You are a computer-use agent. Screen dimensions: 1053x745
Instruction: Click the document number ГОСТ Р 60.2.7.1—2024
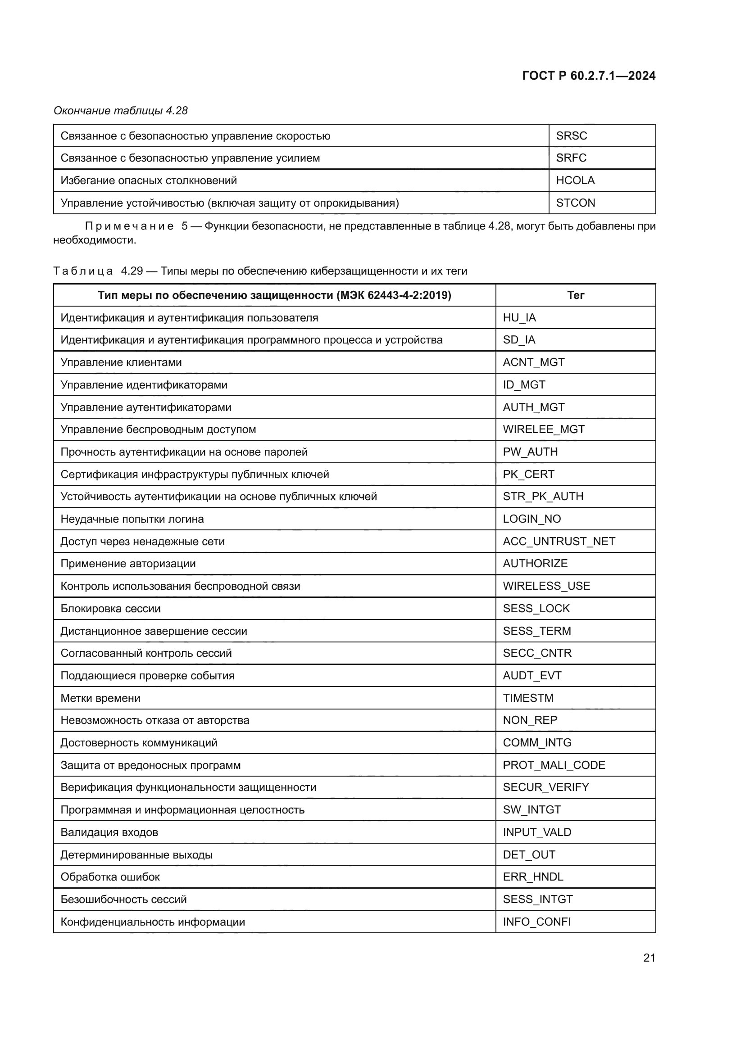coord(589,76)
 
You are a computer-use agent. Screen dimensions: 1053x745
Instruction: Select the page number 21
coord(649,958)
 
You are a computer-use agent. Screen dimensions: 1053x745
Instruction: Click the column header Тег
coord(575,295)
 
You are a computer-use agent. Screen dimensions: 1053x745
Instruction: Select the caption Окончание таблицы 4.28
coord(121,111)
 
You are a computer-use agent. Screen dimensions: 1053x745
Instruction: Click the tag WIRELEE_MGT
coord(543,429)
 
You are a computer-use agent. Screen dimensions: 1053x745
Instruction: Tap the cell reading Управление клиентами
coord(121,362)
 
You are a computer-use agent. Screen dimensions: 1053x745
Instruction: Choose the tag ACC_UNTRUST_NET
coord(559,541)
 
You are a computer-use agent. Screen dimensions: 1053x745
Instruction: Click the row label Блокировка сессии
coord(110,609)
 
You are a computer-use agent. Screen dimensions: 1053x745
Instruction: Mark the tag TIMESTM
coord(528,698)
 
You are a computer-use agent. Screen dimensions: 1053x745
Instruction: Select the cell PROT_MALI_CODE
coord(554,765)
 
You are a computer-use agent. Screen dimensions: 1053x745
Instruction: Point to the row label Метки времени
coord(100,698)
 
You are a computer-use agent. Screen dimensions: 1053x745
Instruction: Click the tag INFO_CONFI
coord(536,922)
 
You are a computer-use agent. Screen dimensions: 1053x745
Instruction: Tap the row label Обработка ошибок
coord(110,877)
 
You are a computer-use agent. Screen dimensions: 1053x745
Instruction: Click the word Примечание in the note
coord(129,226)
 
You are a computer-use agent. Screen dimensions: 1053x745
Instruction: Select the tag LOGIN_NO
coord(531,519)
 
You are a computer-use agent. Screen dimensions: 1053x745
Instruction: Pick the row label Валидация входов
coord(109,832)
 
